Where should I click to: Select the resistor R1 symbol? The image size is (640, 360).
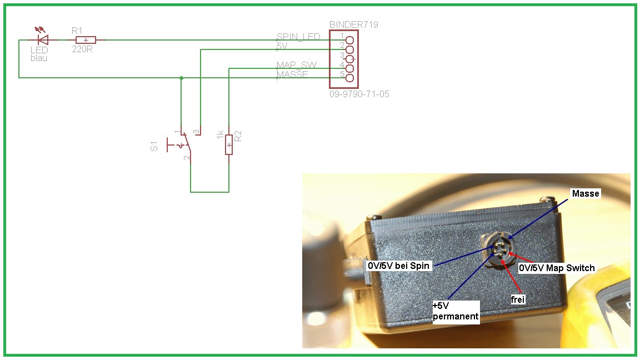coord(86,39)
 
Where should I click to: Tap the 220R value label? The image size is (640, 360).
coord(82,49)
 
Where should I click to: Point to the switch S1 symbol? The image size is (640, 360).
coord(181,146)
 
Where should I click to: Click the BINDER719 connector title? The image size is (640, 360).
coord(354,25)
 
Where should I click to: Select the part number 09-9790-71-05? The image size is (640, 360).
coord(359,94)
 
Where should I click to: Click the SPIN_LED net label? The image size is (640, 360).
coord(298,37)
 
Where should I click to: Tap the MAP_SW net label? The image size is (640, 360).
coord(296,65)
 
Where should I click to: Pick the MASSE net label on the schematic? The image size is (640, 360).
coord(292,74)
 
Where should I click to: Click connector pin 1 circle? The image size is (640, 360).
coord(349,40)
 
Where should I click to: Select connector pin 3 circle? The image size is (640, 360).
coord(349,59)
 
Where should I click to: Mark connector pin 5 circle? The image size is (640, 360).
coord(349,78)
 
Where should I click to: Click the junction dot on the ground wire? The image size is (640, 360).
coord(181,78)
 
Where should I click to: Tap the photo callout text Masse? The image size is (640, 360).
coord(585,193)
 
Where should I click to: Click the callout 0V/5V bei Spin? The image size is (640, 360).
coord(398,266)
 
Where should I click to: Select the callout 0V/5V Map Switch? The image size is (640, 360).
coord(557,268)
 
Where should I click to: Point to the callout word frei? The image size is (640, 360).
coord(518,299)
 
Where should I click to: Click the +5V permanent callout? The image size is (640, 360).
coord(455,311)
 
